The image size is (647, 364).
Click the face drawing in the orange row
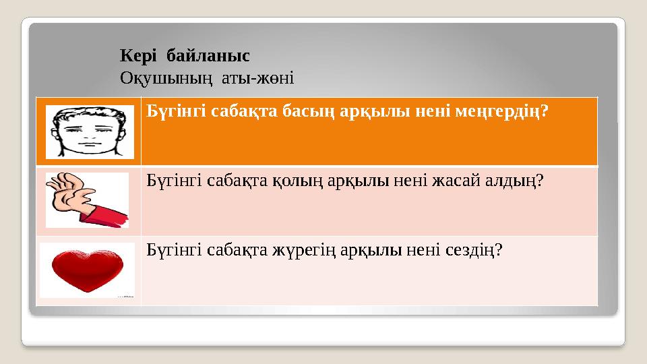(89, 131)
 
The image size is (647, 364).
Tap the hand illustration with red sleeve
(87, 200)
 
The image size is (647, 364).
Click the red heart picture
(87, 269)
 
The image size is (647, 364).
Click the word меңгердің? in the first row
(506, 111)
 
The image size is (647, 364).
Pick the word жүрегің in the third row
(298, 250)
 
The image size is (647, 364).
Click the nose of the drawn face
(89, 135)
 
